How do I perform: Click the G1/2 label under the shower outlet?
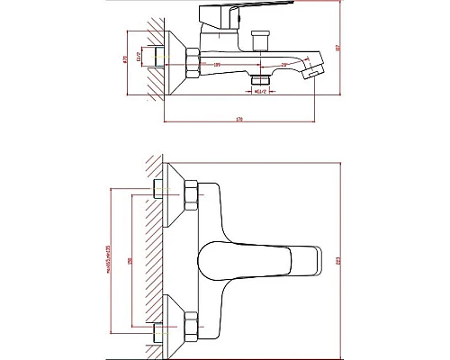260,91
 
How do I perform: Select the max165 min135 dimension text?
107,261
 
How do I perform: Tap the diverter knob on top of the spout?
264,41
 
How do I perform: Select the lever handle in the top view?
261,259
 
